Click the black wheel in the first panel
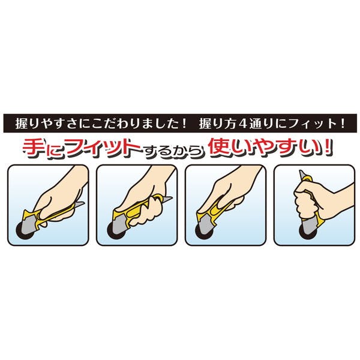[23, 230]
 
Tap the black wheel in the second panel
[115, 230]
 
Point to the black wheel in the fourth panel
[307, 232]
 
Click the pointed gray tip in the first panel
[80, 205]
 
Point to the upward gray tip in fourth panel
[301, 174]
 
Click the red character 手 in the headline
[33, 149]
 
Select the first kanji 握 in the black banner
[21, 124]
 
